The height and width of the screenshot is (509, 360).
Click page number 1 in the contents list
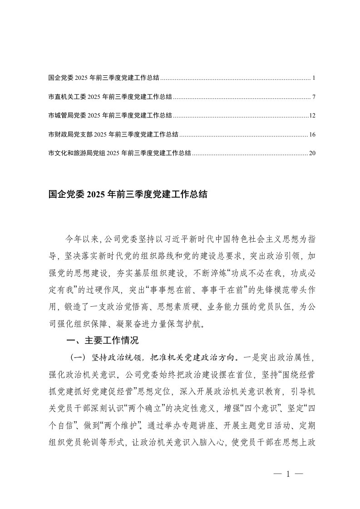[x=314, y=78]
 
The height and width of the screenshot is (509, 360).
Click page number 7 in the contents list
[x=314, y=97]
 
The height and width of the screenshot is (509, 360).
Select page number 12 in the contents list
[x=312, y=116]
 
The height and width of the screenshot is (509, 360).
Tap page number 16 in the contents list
[x=312, y=135]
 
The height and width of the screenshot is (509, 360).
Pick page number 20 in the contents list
[x=312, y=153]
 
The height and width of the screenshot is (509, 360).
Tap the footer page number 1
[x=288, y=475]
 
